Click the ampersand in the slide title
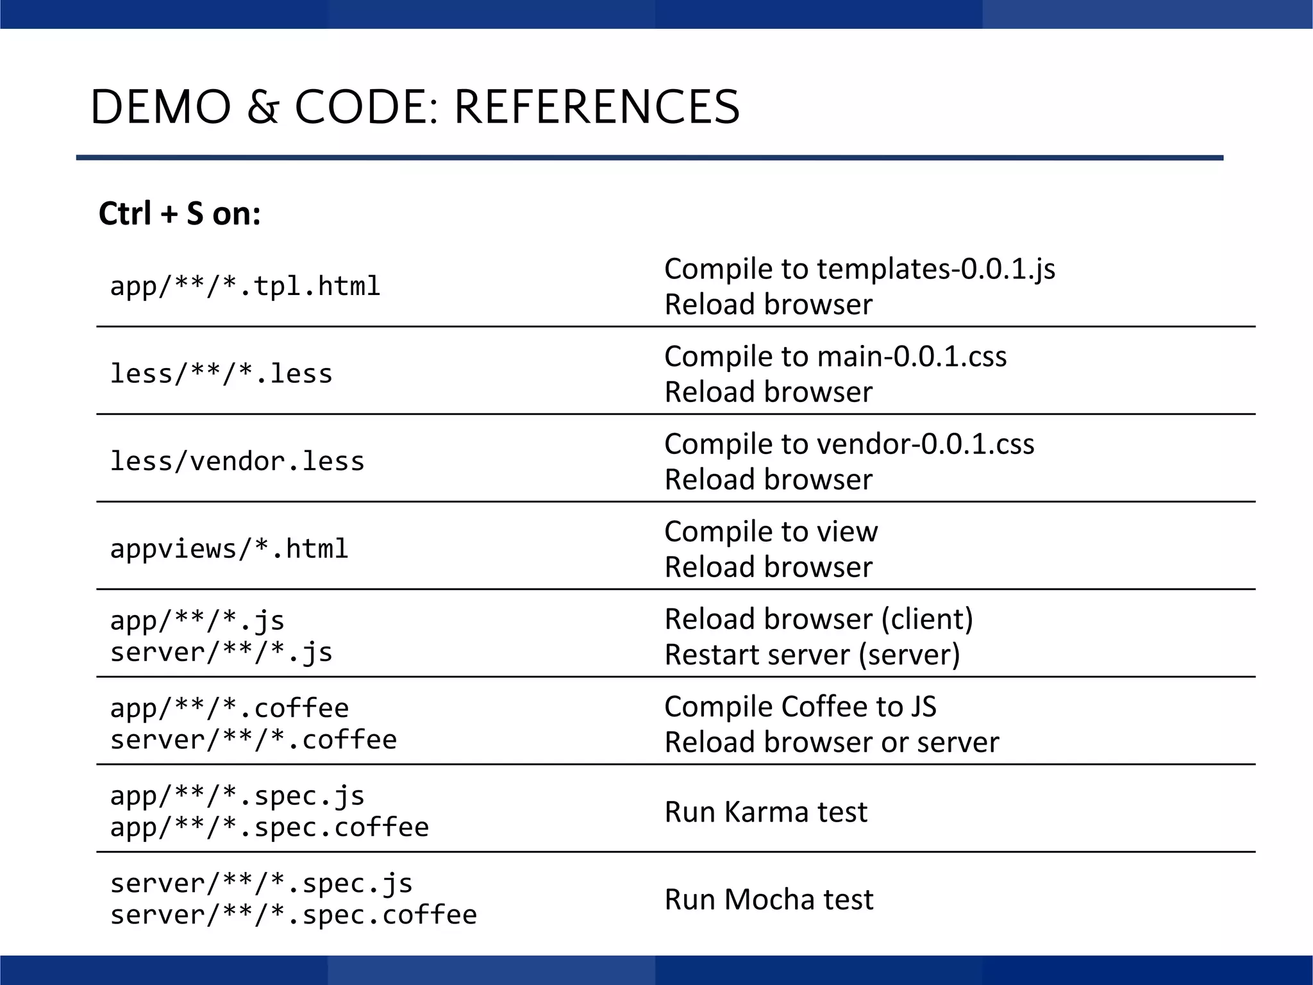tap(263, 107)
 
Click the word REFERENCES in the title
tap(597, 107)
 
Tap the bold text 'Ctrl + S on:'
tap(180, 214)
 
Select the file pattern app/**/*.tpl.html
tap(245, 286)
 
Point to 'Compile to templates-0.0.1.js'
tap(859, 269)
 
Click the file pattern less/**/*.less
tap(221, 374)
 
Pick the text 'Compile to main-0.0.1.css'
tap(835, 357)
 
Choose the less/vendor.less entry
tap(237, 462)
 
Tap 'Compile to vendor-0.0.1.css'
tap(849, 444)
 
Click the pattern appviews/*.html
tap(229, 549)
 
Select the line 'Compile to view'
tap(771, 532)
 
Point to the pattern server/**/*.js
tap(221, 653)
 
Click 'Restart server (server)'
tap(812, 655)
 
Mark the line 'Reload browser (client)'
tap(818, 619)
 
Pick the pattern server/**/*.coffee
tap(253, 740)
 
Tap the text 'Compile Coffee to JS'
tap(799, 707)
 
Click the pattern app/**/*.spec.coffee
tap(269, 827)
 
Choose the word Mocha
tap(770, 900)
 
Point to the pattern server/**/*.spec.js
tap(261, 884)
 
